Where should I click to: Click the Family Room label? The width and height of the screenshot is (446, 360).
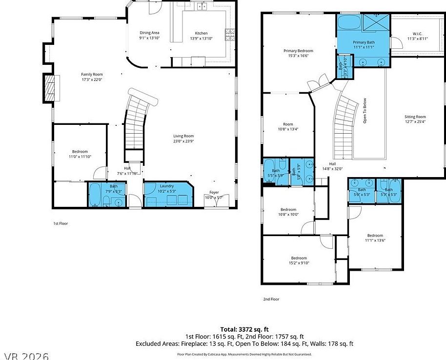coord(92,74)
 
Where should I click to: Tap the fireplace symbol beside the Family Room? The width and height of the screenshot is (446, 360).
coord(49,88)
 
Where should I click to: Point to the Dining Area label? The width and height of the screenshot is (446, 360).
coord(149,33)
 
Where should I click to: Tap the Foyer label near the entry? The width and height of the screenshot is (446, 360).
coord(214,192)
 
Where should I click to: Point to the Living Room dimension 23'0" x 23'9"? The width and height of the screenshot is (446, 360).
coord(183,141)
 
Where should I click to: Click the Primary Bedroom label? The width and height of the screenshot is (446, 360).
coord(298,50)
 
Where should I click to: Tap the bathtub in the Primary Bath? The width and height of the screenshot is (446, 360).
coord(348,23)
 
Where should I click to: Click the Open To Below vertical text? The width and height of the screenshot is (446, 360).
coord(365,111)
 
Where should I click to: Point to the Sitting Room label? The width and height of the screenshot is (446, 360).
coord(415,117)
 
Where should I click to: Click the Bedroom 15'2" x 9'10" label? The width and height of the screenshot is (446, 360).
coord(299,258)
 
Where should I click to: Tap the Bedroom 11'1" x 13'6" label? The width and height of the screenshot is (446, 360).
coord(375,235)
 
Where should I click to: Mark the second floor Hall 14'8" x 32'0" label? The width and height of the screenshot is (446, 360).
coord(332,164)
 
